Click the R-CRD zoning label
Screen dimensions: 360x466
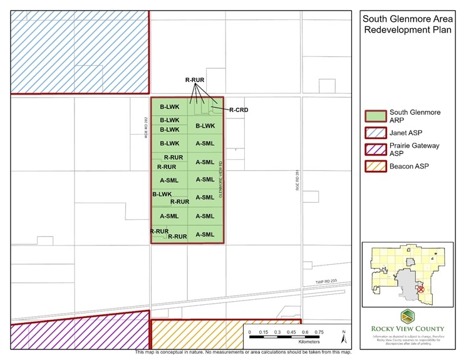239,110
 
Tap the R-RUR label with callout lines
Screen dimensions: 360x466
195,80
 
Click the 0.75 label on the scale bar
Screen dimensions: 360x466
319,332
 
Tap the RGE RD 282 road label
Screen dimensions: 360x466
145,127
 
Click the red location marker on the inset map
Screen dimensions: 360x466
420,290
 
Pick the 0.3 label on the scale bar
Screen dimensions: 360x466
277,332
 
